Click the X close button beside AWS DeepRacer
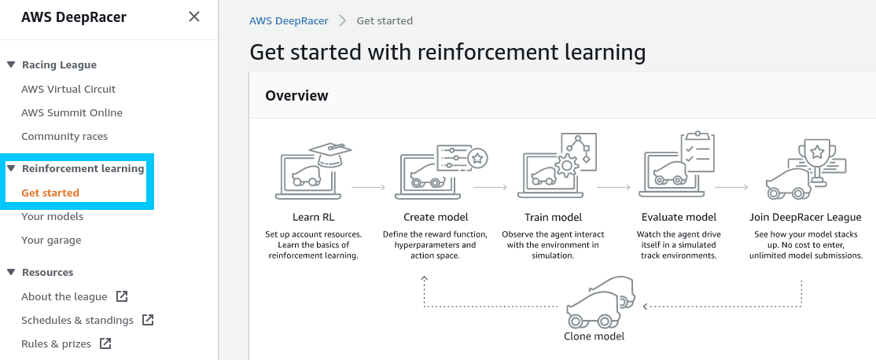pos(194,17)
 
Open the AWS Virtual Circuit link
pos(68,89)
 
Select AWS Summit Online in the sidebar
pos(72,112)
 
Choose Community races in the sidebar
pos(64,136)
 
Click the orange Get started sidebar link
pos(50,193)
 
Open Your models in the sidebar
pos(52,216)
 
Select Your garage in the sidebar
pos(51,240)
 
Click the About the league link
pos(64,296)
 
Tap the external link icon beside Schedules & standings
pos(148,320)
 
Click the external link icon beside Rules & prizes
pos(105,343)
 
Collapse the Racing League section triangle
pos(11,65)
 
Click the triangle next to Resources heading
pos(11,273)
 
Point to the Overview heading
pos(296,96)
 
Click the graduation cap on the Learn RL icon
pos(329,152)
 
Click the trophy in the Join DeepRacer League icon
pos(816,154)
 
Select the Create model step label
pos(436,217)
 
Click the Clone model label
pos(594,336)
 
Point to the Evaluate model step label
pos(678,217)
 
